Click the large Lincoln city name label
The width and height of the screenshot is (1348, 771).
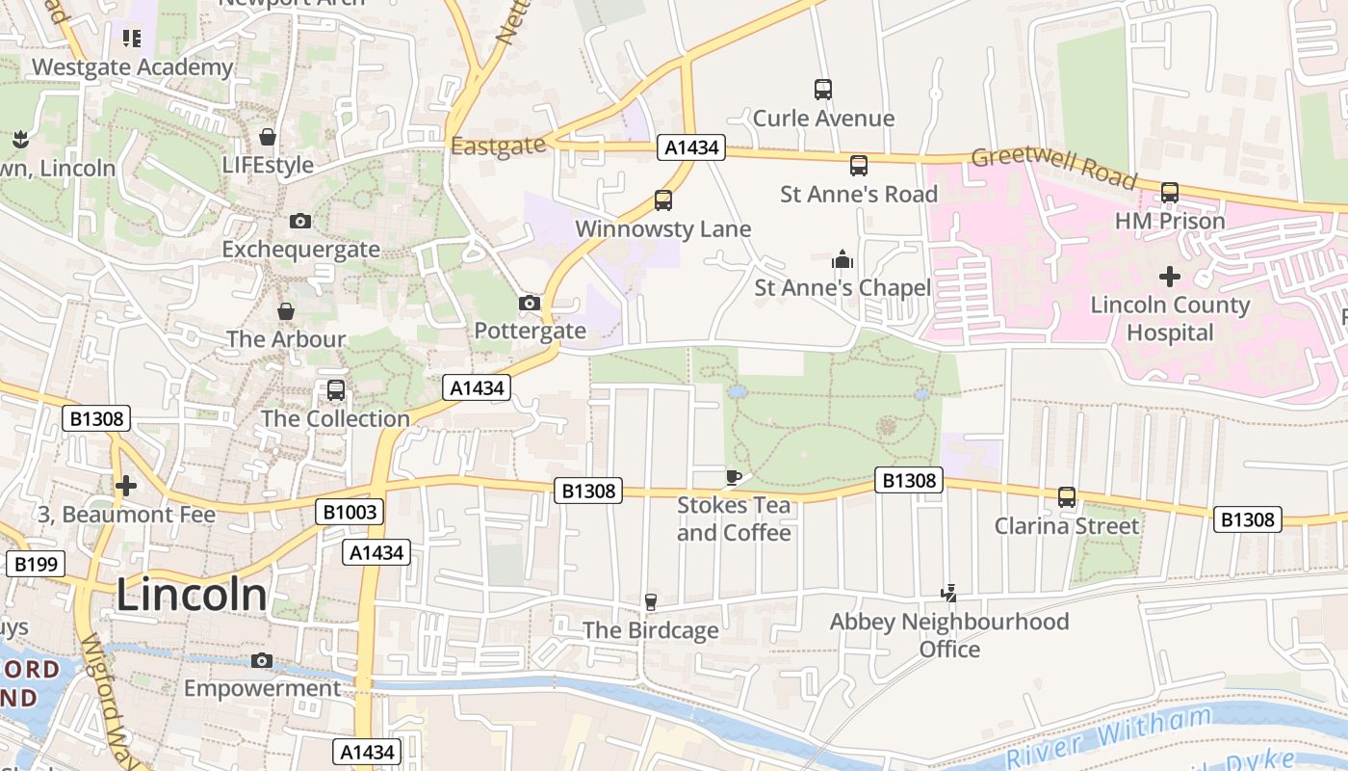[x=192, y=595]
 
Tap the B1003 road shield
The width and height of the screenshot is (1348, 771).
[x=349, y=512]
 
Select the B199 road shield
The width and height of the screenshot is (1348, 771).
[x=35, y=564]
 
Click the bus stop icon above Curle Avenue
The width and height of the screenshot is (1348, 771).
[x=823, y=90]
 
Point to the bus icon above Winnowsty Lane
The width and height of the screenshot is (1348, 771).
[x=663, y=200]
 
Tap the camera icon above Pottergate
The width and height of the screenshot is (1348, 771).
[x=529, y=304]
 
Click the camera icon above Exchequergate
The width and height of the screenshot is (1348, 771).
[x=300, y=222]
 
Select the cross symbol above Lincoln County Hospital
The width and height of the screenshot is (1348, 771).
[x=1169, y=278]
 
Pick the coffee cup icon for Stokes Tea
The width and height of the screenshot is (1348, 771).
[x=733, y=477]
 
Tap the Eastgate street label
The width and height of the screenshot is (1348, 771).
[x=498, y=146]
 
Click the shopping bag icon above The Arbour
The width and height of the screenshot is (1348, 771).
[x=286, y=311]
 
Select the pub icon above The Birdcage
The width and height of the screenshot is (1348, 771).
[x=651, y=602]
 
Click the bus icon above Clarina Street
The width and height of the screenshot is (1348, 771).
[x=1067, y=497]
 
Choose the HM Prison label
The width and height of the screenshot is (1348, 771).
[x=1169, y=221]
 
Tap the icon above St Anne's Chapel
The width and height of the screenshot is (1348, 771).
[x=842, y=259]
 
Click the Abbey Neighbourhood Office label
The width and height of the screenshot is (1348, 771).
[x=949, y=635]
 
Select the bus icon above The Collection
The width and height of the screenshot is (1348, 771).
[x=336, y=390]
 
